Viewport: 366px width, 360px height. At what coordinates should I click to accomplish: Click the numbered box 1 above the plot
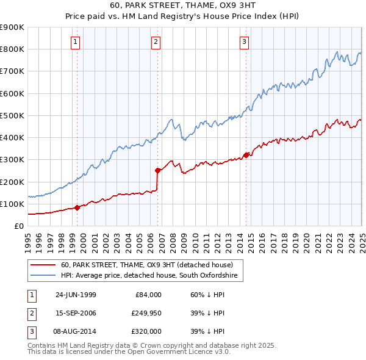tap(74, 42)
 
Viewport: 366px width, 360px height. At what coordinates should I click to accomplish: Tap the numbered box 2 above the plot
tap(156, 42)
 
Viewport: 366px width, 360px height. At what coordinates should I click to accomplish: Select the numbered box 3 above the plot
tap(244, 42)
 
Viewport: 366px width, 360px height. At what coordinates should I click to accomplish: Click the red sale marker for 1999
tap(77, 207)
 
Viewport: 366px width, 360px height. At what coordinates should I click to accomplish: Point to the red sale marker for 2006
tap(157, 170)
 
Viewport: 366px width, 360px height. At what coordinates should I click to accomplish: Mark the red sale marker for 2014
tap(246, 155)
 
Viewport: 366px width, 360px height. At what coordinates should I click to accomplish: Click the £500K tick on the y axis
tap(12, 115)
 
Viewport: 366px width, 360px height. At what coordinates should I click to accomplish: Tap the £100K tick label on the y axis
tap(12, 204)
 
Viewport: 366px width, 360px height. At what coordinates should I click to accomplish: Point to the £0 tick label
tap(18, 226)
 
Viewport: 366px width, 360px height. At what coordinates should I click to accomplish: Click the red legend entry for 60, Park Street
tap(147, 265)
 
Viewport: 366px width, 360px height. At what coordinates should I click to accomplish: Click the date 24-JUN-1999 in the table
tap(76, 295)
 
